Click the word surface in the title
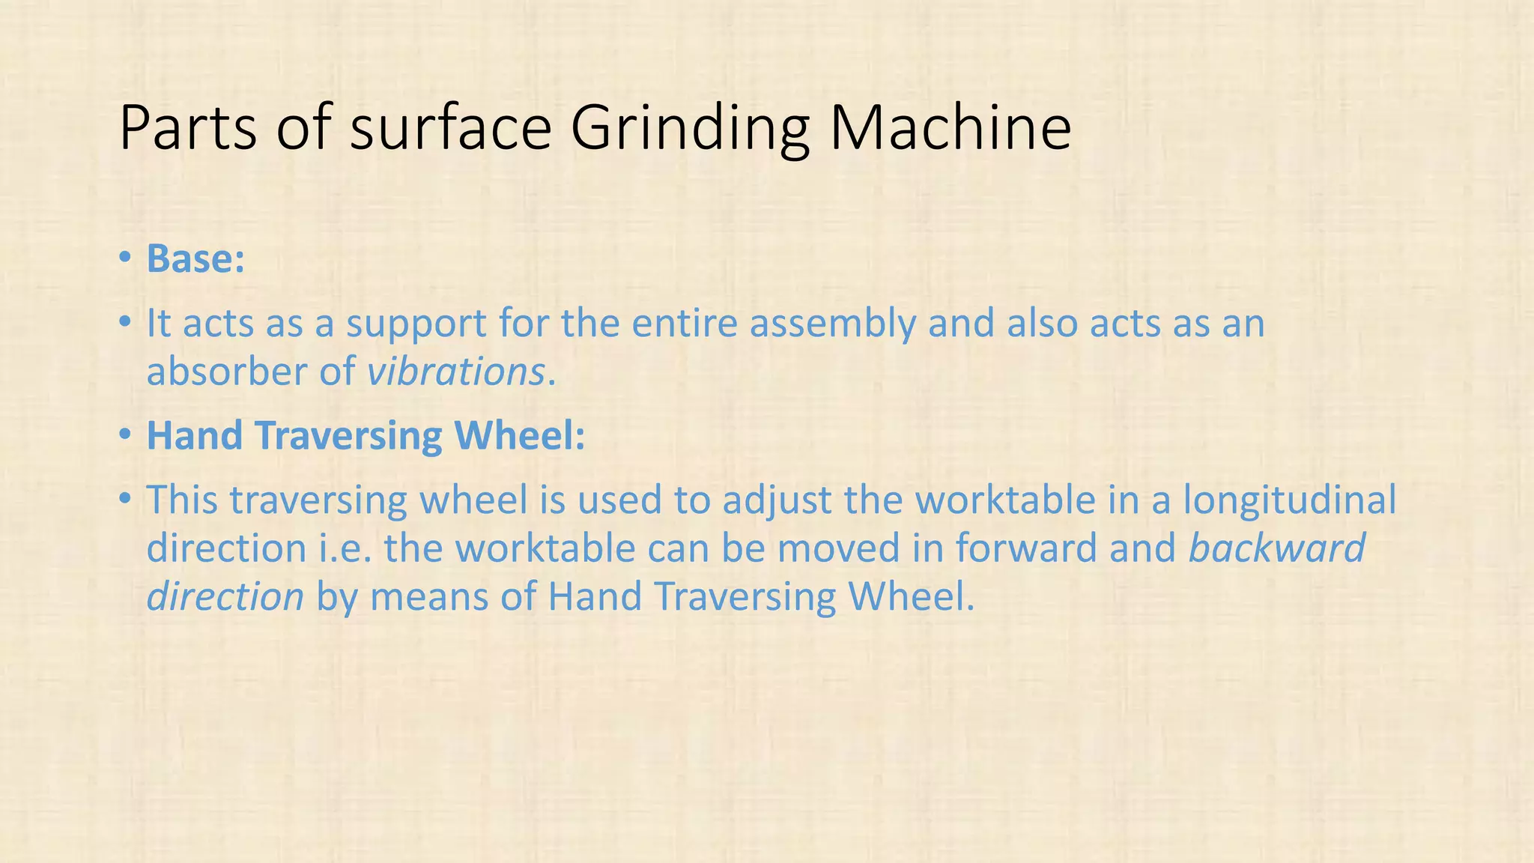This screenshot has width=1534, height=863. pos(451,129)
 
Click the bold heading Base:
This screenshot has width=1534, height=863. pos(195,259)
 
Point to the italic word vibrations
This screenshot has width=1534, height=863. pos(455,372)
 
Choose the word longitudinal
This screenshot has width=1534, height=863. pos(1289,501)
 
